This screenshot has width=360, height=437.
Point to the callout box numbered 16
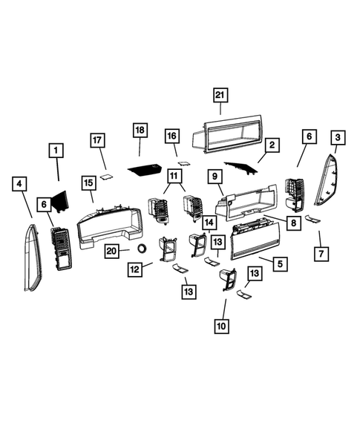pos(171,137)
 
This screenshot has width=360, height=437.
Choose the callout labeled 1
pos(55,151)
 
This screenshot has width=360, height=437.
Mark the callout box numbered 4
pos(20,183)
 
